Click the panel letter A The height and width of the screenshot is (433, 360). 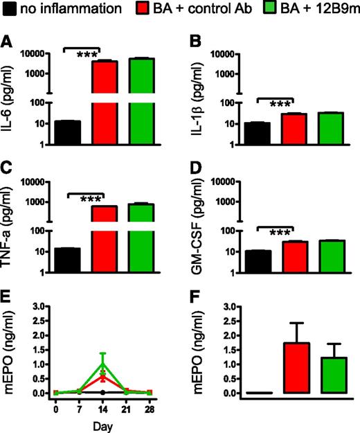(x=7, y=42)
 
